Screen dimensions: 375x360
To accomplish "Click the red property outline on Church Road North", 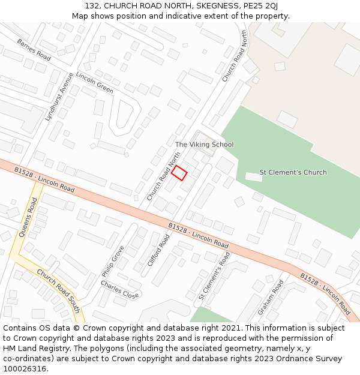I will [x=179, y=173].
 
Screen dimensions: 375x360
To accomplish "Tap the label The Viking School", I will [x=204, y=145].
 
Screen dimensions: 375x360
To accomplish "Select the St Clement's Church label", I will [x=293, y=172].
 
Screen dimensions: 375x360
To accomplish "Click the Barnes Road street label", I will [x=34, y=50].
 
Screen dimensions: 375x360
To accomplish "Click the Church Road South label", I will [x=58, y=290].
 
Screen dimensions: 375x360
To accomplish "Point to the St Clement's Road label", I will [x=214, y=275].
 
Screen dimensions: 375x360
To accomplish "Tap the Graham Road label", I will [x=270, y=298].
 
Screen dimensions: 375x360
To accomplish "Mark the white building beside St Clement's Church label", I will [x=254, y=177].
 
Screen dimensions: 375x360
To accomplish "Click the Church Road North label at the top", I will [x=234, y=56].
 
